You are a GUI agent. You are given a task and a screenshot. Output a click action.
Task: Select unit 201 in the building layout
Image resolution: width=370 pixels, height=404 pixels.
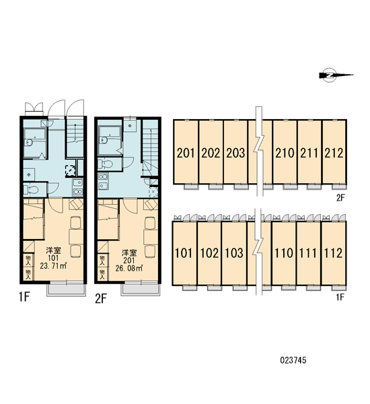click(186, 152)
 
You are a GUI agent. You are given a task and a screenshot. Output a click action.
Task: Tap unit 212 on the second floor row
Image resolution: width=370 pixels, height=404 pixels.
click(334, 152)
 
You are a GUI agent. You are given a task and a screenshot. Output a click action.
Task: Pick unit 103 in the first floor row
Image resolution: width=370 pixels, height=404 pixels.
click(234, 253)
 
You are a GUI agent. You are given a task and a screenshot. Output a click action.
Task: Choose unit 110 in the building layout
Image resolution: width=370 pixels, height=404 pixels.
click(284, 253)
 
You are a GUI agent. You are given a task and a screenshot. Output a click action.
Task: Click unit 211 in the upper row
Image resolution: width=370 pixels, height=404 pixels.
click(309, 152)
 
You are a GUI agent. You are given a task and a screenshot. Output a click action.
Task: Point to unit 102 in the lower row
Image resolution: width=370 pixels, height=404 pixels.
click(209, 253)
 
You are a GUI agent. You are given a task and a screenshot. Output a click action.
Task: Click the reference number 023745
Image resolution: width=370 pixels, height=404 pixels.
click(293, 360)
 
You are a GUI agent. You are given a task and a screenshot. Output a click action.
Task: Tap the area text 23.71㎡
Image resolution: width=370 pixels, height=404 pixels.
click(53, 266)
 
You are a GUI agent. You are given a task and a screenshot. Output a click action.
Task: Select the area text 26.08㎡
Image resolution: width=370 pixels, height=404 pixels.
click(129, 268)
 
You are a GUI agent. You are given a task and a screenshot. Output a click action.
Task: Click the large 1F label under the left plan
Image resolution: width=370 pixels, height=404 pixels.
click(24, 298)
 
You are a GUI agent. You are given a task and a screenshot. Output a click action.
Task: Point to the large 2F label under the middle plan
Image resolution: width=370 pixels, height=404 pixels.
click(101, 298)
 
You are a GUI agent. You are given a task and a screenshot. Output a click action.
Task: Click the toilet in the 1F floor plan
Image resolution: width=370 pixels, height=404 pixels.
click(32, 190)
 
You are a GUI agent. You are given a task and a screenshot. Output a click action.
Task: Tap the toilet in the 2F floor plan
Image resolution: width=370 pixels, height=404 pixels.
click(106, 164)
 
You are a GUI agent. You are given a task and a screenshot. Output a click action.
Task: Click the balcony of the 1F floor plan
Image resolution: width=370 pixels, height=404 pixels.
click(66, 289)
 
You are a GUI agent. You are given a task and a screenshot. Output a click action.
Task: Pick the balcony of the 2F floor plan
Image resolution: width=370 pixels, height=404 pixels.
click(141, 289)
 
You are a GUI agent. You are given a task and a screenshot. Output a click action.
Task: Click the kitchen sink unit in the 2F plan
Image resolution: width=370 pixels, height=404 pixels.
click(103, 181)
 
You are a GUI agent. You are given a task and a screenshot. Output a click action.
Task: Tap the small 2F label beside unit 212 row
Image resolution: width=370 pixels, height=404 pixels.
click(340, 197)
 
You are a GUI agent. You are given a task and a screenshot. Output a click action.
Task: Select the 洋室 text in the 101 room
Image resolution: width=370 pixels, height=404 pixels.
click(53, 250)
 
